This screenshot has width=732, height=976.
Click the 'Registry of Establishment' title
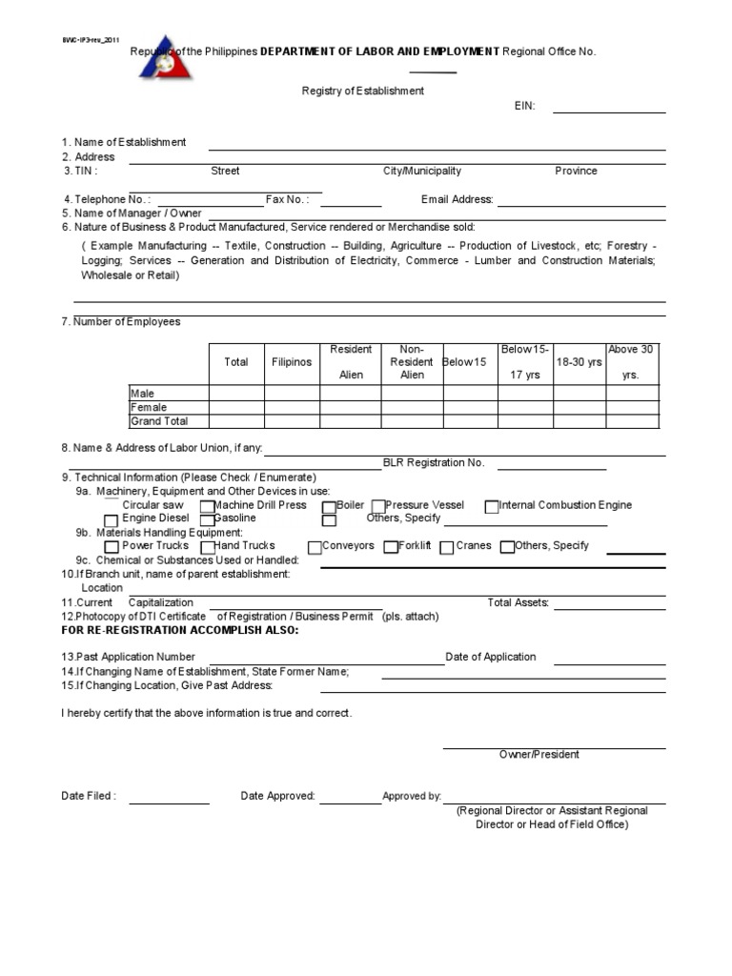point(363,91)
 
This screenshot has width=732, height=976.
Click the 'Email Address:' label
point(457,199)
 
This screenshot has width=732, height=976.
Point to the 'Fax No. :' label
point(287,199)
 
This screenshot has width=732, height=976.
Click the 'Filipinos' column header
point(292,362)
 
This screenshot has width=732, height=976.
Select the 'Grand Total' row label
point(159,421)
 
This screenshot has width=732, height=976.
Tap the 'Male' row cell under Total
point(236,393)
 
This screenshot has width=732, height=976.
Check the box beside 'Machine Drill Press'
point(208,507)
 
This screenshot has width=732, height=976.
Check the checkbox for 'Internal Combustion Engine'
point(492,507)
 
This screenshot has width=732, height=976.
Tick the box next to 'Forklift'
point(391,547)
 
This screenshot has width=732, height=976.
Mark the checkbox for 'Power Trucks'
point(112,547)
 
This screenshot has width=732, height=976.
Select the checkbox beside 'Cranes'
point(446,547)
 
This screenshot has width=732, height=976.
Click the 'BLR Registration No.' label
point(434,462)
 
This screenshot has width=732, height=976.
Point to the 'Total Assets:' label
point(518,602)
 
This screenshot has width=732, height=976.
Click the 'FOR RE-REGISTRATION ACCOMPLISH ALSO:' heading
point(180,630)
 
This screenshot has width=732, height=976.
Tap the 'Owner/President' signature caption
point(539,754)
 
